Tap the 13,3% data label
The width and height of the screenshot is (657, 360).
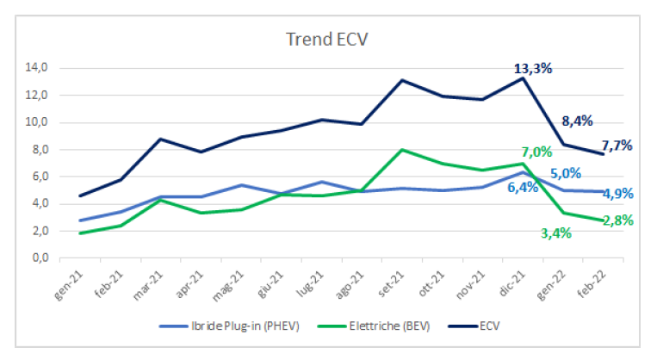[533, 68]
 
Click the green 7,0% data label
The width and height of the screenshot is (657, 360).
[536, 152]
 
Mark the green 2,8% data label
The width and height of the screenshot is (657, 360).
[617, 220]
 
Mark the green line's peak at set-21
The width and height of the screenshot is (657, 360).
[402, 150]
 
